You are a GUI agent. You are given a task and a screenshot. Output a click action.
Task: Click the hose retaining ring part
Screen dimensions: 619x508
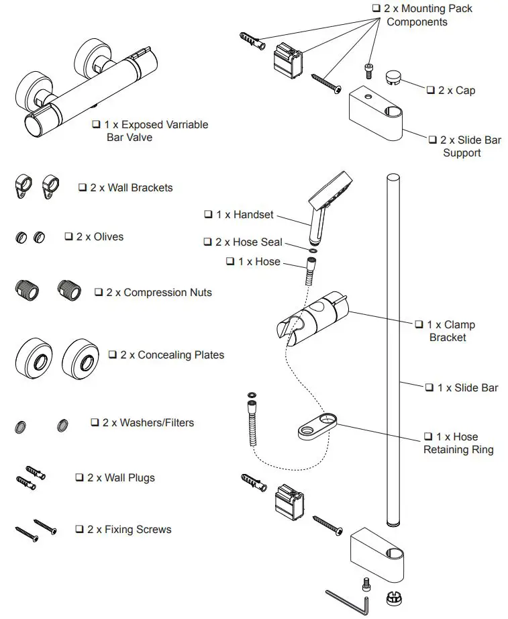point(318,427)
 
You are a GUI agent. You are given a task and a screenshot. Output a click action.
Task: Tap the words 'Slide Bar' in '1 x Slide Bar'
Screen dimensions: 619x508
point(476,387)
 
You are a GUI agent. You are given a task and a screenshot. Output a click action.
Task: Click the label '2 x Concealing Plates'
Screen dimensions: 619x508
point(172,354)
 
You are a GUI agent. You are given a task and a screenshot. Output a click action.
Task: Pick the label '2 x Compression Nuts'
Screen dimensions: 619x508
point(158,293)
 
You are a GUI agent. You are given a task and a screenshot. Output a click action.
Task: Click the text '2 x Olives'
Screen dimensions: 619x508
point(99,237)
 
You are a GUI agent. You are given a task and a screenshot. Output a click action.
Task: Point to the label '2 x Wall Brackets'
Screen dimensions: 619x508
point(131,188)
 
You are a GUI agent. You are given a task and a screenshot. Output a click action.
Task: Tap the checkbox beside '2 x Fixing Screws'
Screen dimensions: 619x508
point(79,530)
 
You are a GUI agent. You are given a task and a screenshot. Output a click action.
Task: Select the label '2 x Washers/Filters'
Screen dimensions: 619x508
point(148,423)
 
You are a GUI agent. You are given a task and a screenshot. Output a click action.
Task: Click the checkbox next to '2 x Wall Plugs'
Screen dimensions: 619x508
point(79,478)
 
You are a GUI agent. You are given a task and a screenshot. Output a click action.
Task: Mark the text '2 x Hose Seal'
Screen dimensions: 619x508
point(249,242)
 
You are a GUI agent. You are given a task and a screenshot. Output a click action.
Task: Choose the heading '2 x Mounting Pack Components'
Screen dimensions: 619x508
point(427,15)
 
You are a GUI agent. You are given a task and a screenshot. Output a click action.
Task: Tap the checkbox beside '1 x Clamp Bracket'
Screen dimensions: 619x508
point(419,325)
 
